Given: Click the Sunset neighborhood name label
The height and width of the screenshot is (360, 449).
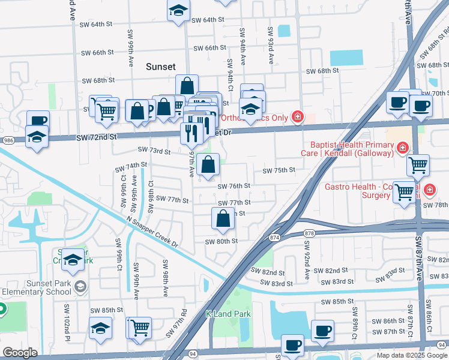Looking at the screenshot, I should click(161, 67).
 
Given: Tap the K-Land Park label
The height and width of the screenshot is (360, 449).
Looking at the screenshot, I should click(227, 314).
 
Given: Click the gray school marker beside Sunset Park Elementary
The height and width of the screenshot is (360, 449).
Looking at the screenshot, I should click(79, 287).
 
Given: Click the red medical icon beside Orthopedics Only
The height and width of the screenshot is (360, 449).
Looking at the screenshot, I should click(297, 116).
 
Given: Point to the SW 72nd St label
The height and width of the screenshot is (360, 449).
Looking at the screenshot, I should click(95, 138).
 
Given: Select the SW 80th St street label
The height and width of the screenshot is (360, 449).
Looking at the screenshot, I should click(221, 241).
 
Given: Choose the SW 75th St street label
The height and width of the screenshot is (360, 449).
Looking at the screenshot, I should click(279, 170).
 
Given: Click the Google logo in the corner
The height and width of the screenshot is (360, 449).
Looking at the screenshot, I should click(20, 353).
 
